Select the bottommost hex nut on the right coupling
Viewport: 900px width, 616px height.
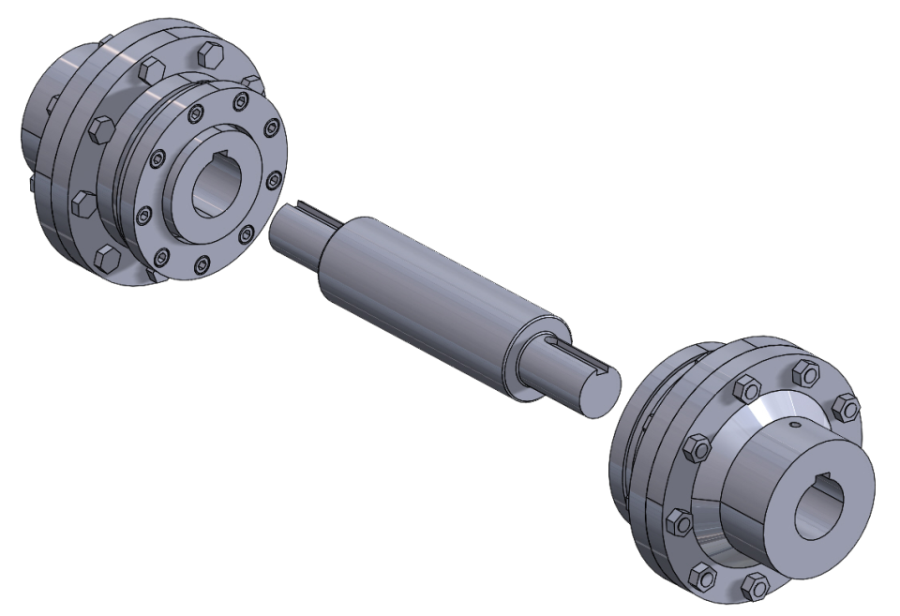pyautogui.click(x=754, y=588)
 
